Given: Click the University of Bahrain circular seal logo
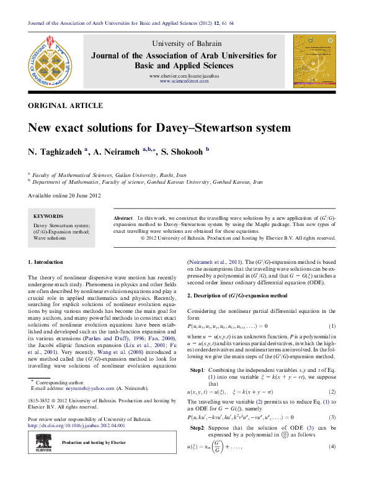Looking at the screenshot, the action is point(48,61).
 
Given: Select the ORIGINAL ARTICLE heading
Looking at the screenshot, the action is point(65,106).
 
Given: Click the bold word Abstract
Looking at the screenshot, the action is point(123,219).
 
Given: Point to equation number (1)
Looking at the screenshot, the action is point(332,326).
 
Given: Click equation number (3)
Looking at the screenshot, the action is point(332,417).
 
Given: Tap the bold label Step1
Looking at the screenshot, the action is point(197,369).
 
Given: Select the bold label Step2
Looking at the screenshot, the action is point(197,428).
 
